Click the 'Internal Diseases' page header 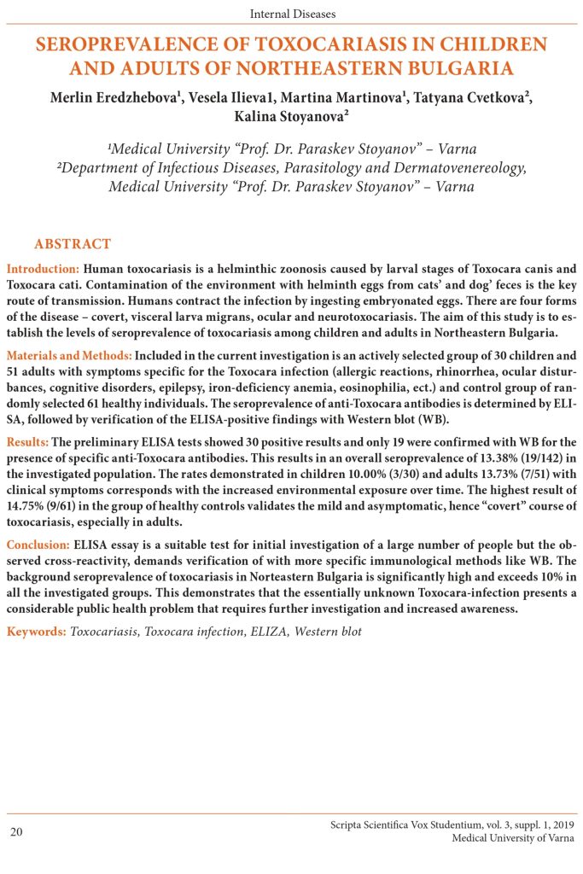coord(292,14)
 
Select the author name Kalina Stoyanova coord(291,117)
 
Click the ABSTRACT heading coord(73,244)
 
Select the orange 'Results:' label coord(28,441)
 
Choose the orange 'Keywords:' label coord(36,632)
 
